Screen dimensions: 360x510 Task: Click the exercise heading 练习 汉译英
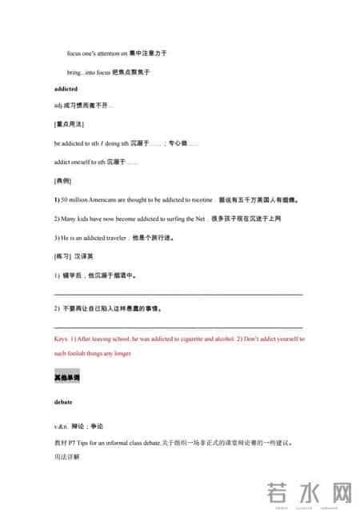pos(74,256)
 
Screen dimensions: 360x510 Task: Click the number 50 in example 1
pos(65,199)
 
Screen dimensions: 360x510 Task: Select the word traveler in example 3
pos(112,237)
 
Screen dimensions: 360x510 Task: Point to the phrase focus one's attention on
pos(97,53)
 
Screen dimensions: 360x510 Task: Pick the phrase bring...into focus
pos(88,72)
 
